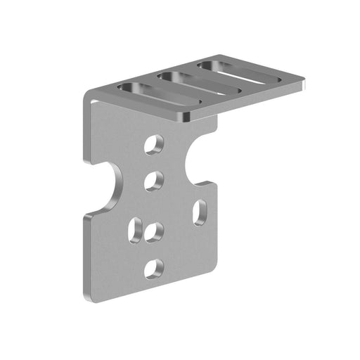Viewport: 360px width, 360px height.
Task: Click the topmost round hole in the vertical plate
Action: coord(154,145)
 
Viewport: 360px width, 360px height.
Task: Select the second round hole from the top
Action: coord(154,181)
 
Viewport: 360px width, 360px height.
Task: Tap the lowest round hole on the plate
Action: coord(154,268)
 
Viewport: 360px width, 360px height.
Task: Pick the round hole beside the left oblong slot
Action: coord(154,231)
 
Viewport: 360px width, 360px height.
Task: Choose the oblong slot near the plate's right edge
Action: coord(200,212)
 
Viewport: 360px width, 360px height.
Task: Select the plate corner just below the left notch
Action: coord(86,216)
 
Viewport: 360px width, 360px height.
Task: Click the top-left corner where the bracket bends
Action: coord(87,98)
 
